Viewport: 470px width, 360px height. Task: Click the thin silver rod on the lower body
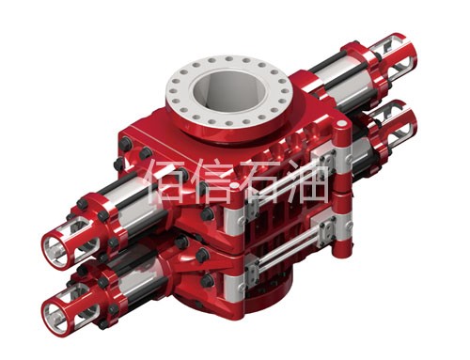(291, 249)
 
